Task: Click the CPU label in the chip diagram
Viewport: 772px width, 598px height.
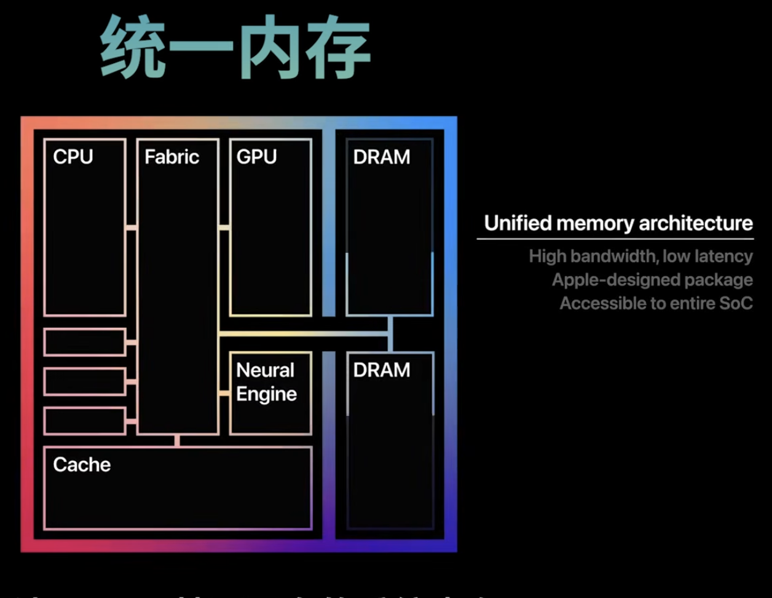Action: [x=73, y=157]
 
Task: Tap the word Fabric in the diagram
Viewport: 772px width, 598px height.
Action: [x=172, y=157]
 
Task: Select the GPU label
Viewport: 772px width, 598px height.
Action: [x=256, y=157]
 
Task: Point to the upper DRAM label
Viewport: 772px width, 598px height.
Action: [x=382, y=157]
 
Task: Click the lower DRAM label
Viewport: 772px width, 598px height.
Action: [x=382, y=370]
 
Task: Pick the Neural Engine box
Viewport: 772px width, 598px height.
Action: [x=270, y=393]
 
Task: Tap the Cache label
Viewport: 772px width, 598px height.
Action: [x=82, y=465]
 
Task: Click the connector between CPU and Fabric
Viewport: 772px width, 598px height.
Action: [x=132, y=228]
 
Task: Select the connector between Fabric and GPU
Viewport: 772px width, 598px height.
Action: [x=224, y=228]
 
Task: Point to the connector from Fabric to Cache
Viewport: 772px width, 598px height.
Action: [x=177, y=441]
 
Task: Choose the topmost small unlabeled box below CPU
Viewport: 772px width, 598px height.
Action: [x=85, y=342]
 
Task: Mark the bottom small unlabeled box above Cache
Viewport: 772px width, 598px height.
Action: [x=85, y=421]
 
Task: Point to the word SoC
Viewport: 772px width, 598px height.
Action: [x=736, y=303]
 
